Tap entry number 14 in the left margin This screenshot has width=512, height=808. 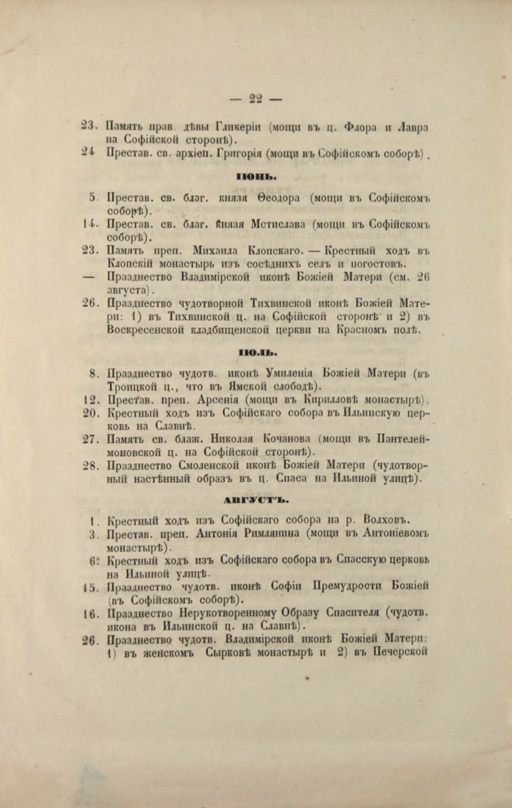90,225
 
